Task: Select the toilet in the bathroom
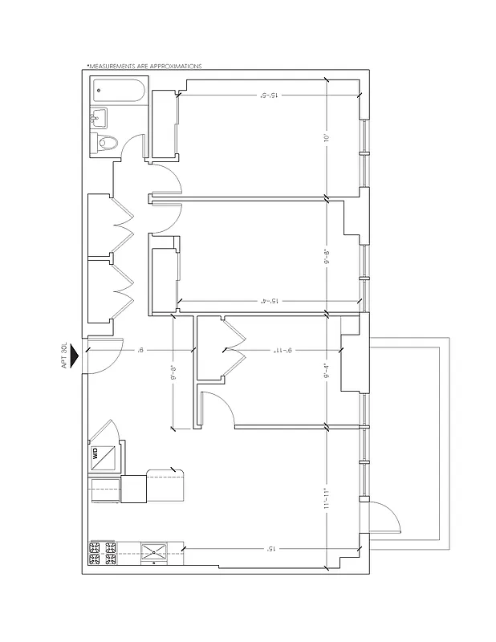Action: (107, 144)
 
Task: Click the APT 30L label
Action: (63, 356)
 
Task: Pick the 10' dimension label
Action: (327, 137)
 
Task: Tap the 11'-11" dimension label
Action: (327, 498)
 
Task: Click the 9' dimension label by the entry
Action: (141, 350)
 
